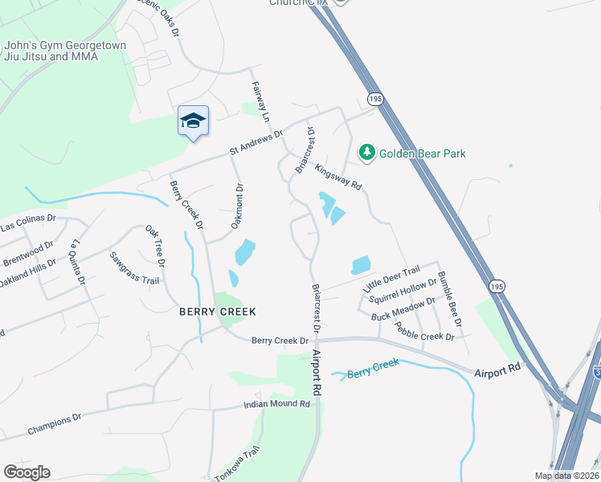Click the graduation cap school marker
pos(193,121)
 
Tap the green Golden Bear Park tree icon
pos(367,153)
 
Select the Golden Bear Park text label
pos(423,153)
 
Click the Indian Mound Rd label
pos(277,404)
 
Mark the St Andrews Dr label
pos(256,142)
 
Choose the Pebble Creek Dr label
pos(425,332)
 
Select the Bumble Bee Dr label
pos(450,300)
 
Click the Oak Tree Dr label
pos(154,247)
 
